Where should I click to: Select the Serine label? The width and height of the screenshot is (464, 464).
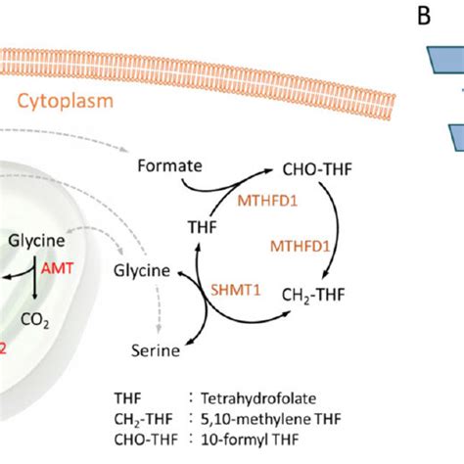156,348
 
